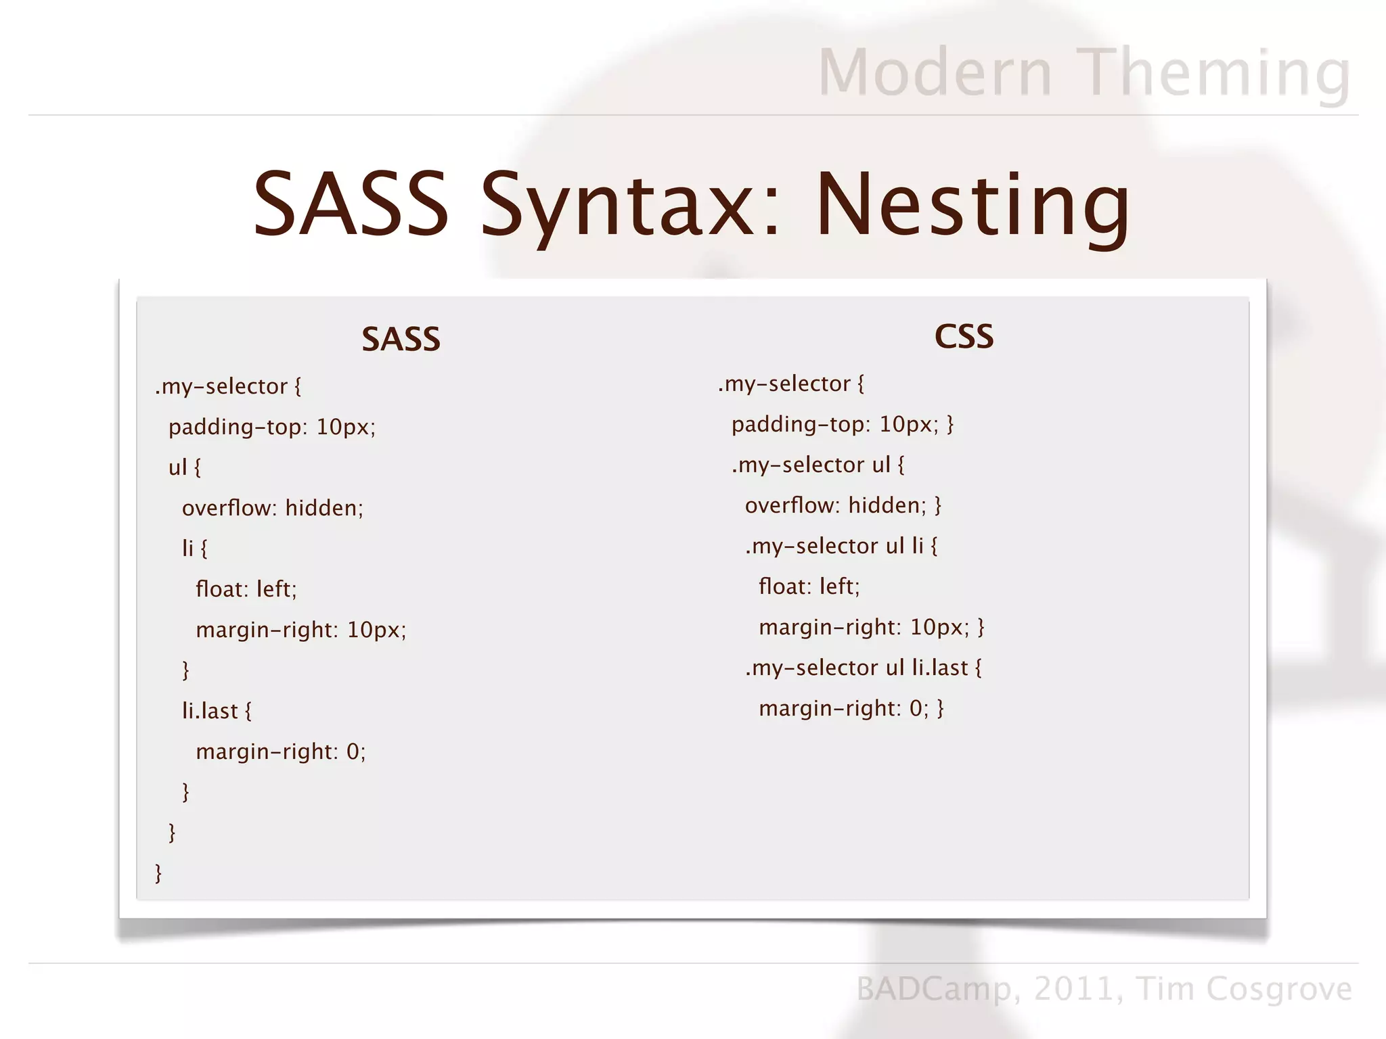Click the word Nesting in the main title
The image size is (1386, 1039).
(973, 206)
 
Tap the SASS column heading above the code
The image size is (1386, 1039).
(401, 339)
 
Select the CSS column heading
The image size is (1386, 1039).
(964, 336)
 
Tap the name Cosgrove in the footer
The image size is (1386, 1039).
(1278, 988)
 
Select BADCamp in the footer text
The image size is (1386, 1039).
(934, 989)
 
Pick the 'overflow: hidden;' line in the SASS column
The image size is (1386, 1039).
(273, 508)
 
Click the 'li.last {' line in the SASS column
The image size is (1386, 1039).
(217, 711)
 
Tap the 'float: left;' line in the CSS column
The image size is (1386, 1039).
(809, 586)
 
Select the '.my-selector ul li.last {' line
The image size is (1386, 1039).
(863, 668)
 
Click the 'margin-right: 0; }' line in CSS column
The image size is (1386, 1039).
(851, 708)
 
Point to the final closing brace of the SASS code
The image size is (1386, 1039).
(158, 873)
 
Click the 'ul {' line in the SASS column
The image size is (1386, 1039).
(185, 467)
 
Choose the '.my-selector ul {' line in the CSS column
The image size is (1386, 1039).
(818, 465)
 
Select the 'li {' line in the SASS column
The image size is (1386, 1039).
(194, 548)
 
